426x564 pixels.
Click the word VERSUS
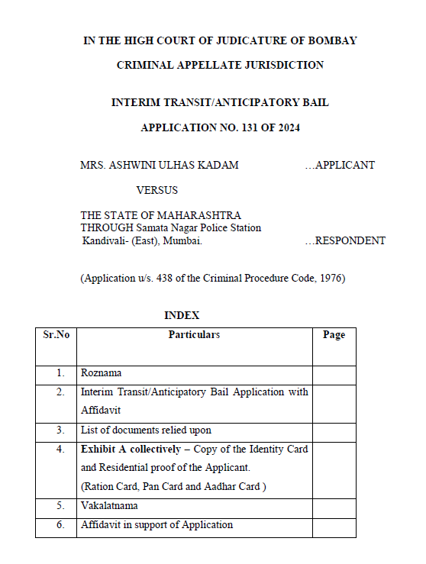[157, 190]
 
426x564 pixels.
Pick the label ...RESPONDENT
[345, 240]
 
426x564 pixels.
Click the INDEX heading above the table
[182, 315]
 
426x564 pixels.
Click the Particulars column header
[194, 335]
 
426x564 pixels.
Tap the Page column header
[334, 335]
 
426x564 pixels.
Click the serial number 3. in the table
[60, 430]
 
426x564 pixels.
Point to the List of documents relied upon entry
[146, 430]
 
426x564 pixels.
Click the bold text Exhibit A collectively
[131, 450]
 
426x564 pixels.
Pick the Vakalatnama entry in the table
[111, 506]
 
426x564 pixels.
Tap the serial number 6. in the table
[60, 525]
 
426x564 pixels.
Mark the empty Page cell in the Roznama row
[334, 374]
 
